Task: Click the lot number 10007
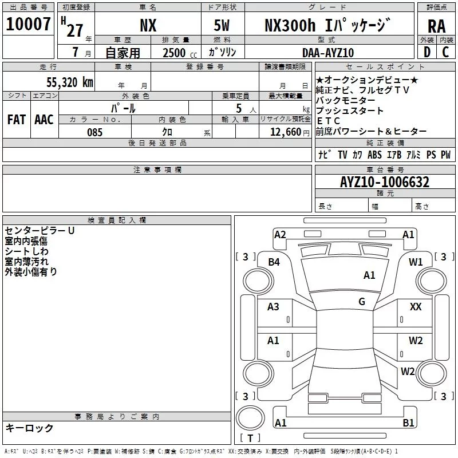coord(28,24)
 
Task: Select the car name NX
coord(148,25)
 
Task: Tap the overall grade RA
coord(436,26)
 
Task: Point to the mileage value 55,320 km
coord(70,82)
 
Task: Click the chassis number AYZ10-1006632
coord(385,182)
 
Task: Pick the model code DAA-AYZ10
coord(328,53)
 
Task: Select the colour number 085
coord(94,132)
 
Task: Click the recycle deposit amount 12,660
coord(285,132)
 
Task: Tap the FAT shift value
coord(17,120)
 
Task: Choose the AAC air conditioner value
coord(44,120)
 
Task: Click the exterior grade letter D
coord(427,52)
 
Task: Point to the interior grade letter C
coord(445,52)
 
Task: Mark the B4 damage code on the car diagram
coord(274,262)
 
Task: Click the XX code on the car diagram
coord(416,306)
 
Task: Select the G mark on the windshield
coord(362,301)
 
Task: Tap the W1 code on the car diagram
coord(416,262)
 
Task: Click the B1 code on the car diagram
coord(408,423)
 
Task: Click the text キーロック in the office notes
coord(29,428)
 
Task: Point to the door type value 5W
coord(222,25)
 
